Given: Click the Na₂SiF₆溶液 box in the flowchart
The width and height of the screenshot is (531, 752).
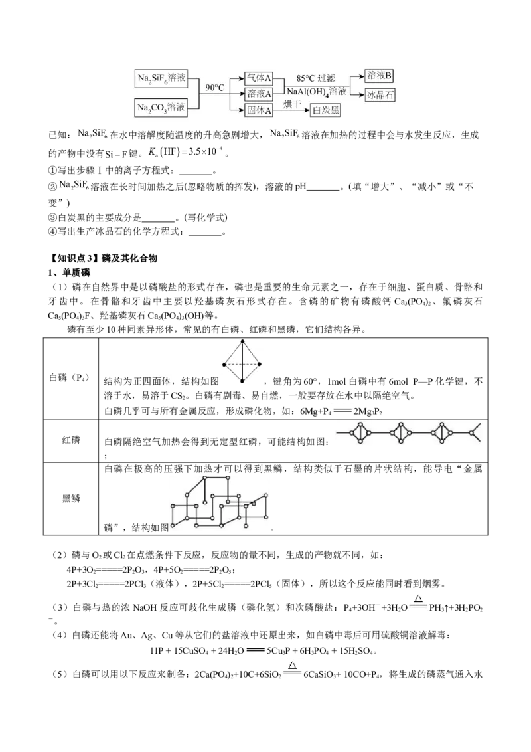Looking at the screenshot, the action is pos(161,78).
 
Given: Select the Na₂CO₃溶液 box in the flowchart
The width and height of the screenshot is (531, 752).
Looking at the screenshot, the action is pos(161,108).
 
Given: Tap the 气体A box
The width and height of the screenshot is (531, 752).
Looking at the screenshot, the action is pos(258,78).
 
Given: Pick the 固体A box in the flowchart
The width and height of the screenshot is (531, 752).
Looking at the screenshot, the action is pos(258,110).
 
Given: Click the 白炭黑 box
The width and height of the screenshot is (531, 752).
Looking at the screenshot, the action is pos(325,110).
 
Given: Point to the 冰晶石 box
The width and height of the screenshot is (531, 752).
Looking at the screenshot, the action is pos(380,94).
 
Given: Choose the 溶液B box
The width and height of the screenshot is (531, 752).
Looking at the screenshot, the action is pos(379,76).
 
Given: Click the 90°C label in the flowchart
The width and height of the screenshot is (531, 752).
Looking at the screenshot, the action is pos(214,87).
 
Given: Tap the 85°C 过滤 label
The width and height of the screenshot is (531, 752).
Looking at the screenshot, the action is pos(315,78).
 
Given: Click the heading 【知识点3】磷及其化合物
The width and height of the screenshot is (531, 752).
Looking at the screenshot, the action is pos(104,258).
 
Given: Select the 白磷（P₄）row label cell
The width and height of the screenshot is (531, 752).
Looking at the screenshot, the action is pos(71,379).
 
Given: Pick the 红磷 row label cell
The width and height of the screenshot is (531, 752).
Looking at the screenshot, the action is pos(71,440).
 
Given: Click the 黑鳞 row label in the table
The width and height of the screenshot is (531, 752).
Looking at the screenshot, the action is pos(71,498).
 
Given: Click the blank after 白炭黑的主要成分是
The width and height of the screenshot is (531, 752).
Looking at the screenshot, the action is pos(158,218).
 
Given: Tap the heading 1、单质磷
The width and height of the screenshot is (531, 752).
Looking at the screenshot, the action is pos(70,273).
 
